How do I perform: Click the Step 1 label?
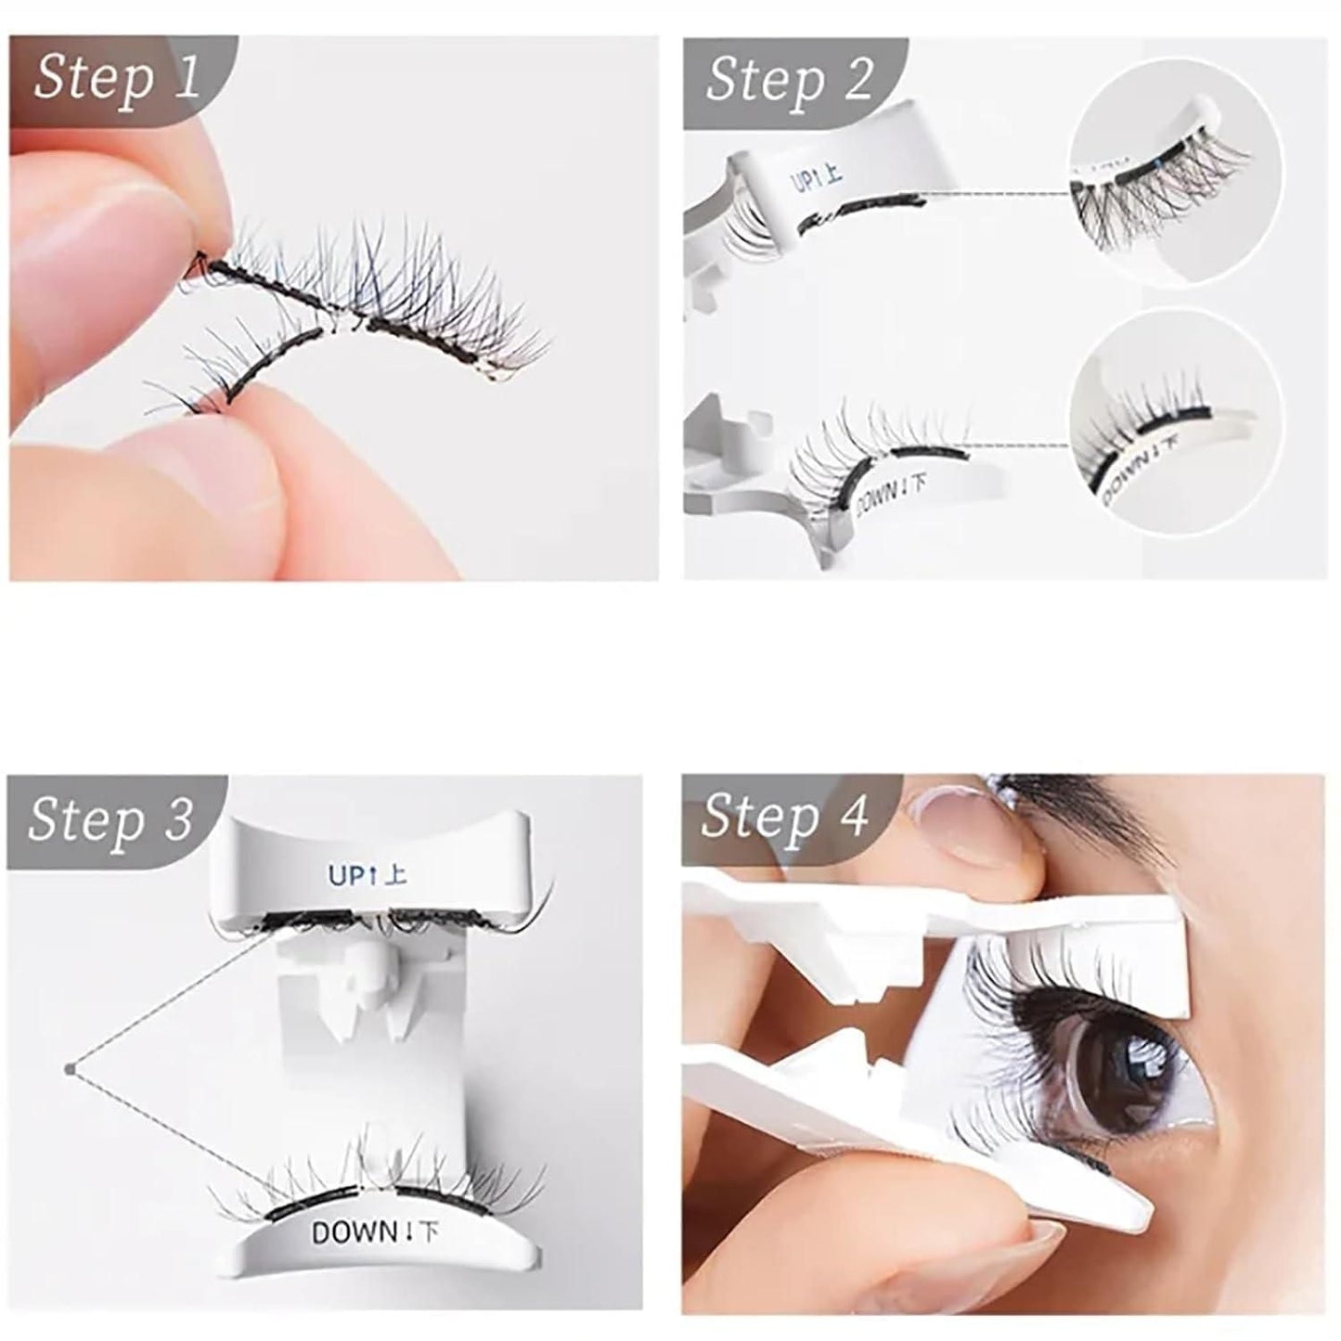(117, 78)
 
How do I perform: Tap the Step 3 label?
(110, 819)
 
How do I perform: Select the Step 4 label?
(784, 817)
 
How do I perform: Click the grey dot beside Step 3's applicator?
(69, 1069)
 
